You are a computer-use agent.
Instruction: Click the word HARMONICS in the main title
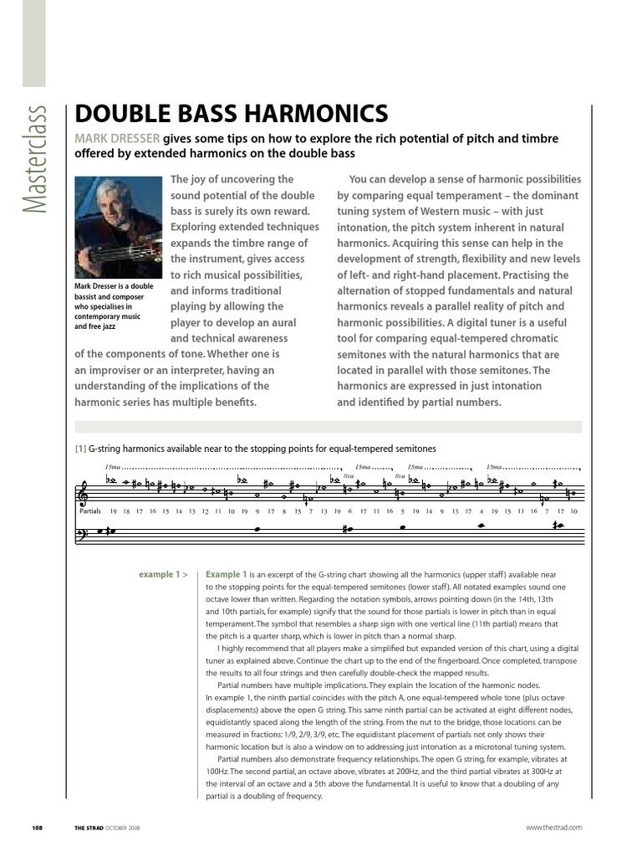tap(322, 114)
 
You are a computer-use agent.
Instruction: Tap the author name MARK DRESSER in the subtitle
tap(117, 138)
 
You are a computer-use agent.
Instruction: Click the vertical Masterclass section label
tap(35, 159)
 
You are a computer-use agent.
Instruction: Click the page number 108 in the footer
tap(37, 827)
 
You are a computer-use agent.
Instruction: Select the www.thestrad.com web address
tap(553, 827)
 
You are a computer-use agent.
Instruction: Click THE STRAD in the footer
tap(89, 827)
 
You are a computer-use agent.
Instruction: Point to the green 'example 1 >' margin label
tap(163, 575)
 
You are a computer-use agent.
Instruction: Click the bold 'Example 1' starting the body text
tap(227, 575)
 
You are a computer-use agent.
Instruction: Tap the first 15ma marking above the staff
tap(113, 467)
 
